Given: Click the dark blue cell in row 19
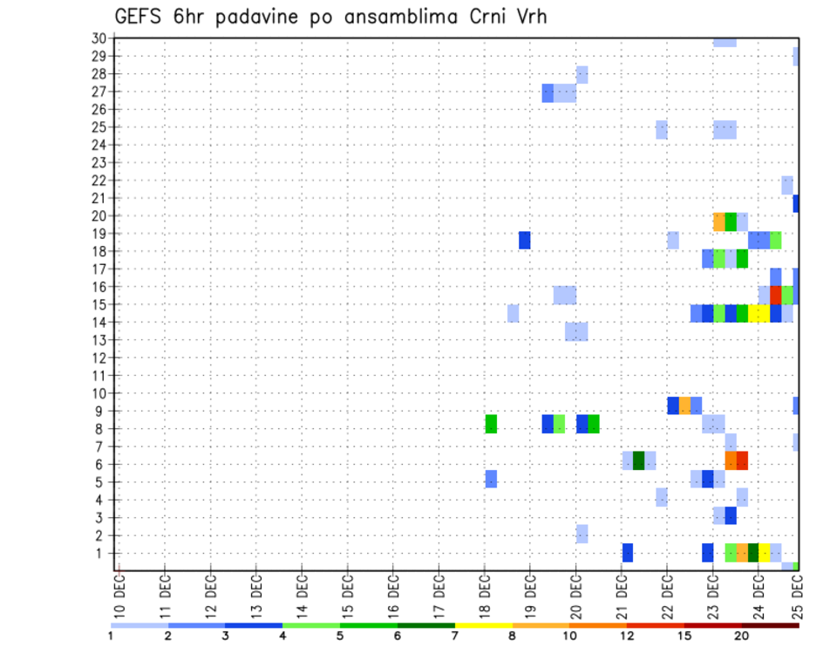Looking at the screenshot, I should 525,240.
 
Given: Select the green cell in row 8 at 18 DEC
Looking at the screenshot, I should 491,424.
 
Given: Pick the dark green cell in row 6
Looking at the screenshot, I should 638,460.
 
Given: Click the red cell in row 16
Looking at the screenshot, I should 776,295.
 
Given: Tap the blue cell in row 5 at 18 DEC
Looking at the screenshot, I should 491,479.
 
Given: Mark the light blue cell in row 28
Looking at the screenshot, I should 582,74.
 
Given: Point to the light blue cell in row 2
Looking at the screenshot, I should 582,534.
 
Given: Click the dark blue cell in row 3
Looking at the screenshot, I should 731,515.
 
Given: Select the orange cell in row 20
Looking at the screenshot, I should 719,221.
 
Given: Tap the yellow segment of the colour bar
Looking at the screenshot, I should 483,625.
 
